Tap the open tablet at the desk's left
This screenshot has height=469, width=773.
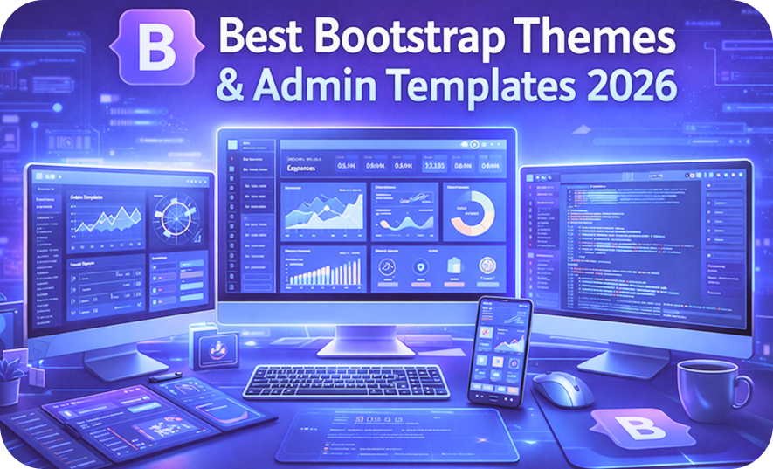click(131, 416)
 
